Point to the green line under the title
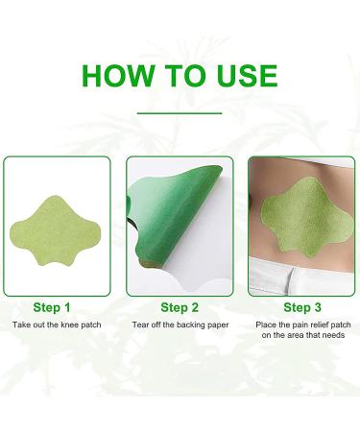coord(180,112)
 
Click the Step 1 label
coord(52,307)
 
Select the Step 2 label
coord(180,307)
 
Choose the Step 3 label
coord(302,307)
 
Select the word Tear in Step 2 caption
coord(141,326)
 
